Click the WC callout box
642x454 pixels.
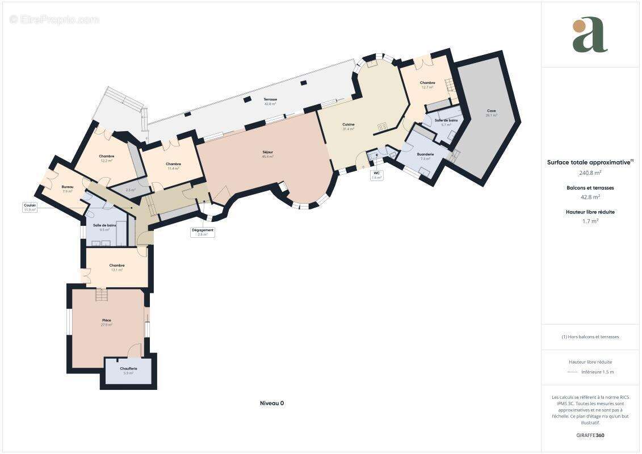[x=376, y=175]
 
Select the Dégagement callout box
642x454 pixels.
[x=203, y=232]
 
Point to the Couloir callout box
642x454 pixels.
[x=30, y=207]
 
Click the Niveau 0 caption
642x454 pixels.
[x=271, y=403]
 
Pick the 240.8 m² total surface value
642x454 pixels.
[x=590, y=173]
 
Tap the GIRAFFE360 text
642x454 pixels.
[x=590, y=436]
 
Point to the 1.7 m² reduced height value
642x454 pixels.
[x=590, y=221]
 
